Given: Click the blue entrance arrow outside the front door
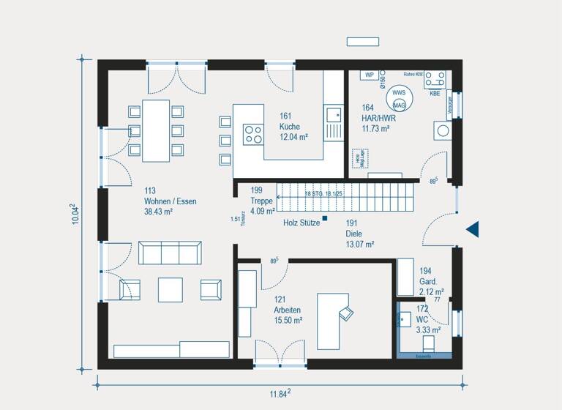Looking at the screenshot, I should [x=473, y=229].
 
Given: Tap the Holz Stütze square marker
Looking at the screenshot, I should [x=326, y=217].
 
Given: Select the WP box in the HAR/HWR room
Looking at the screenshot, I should [x=370, y=75].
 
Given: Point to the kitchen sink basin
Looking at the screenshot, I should [x=334, y=114].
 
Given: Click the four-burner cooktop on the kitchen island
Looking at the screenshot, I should [x=253, y=134].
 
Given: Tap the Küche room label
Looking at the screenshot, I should [x=290, y=127].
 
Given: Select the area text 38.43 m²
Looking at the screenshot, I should [x=159, y=212].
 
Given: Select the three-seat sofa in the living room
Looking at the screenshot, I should [x=170, y=253].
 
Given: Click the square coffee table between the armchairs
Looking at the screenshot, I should [x=170, y=288].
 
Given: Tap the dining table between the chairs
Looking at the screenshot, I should [x=155, y=130].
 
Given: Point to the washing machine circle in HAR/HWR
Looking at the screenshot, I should [x=443, y=132].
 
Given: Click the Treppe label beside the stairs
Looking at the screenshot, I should [x=261, y=201].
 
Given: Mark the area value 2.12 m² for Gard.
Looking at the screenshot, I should [x=432, y=291].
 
